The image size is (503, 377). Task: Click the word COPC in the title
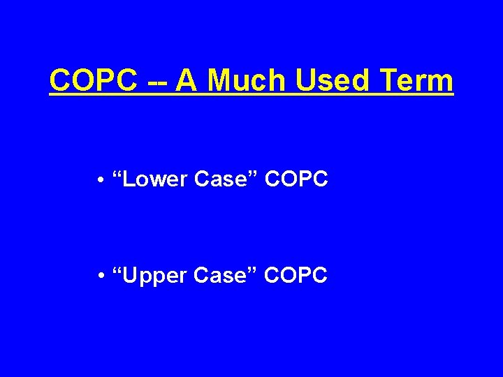click(x=93, y=81)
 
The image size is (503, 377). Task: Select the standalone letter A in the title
click(x=187, y=81)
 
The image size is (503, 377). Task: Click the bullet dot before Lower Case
click(x=102, y=181)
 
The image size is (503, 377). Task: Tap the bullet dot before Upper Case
click(x=102, y=276)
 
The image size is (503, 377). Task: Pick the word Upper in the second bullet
click(x=156, y=276)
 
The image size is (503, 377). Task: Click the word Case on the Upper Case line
click(x=222, y=276)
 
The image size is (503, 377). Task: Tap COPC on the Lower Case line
click(x=296, y=179)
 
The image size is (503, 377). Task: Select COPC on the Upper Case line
click(x=296, y=276)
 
